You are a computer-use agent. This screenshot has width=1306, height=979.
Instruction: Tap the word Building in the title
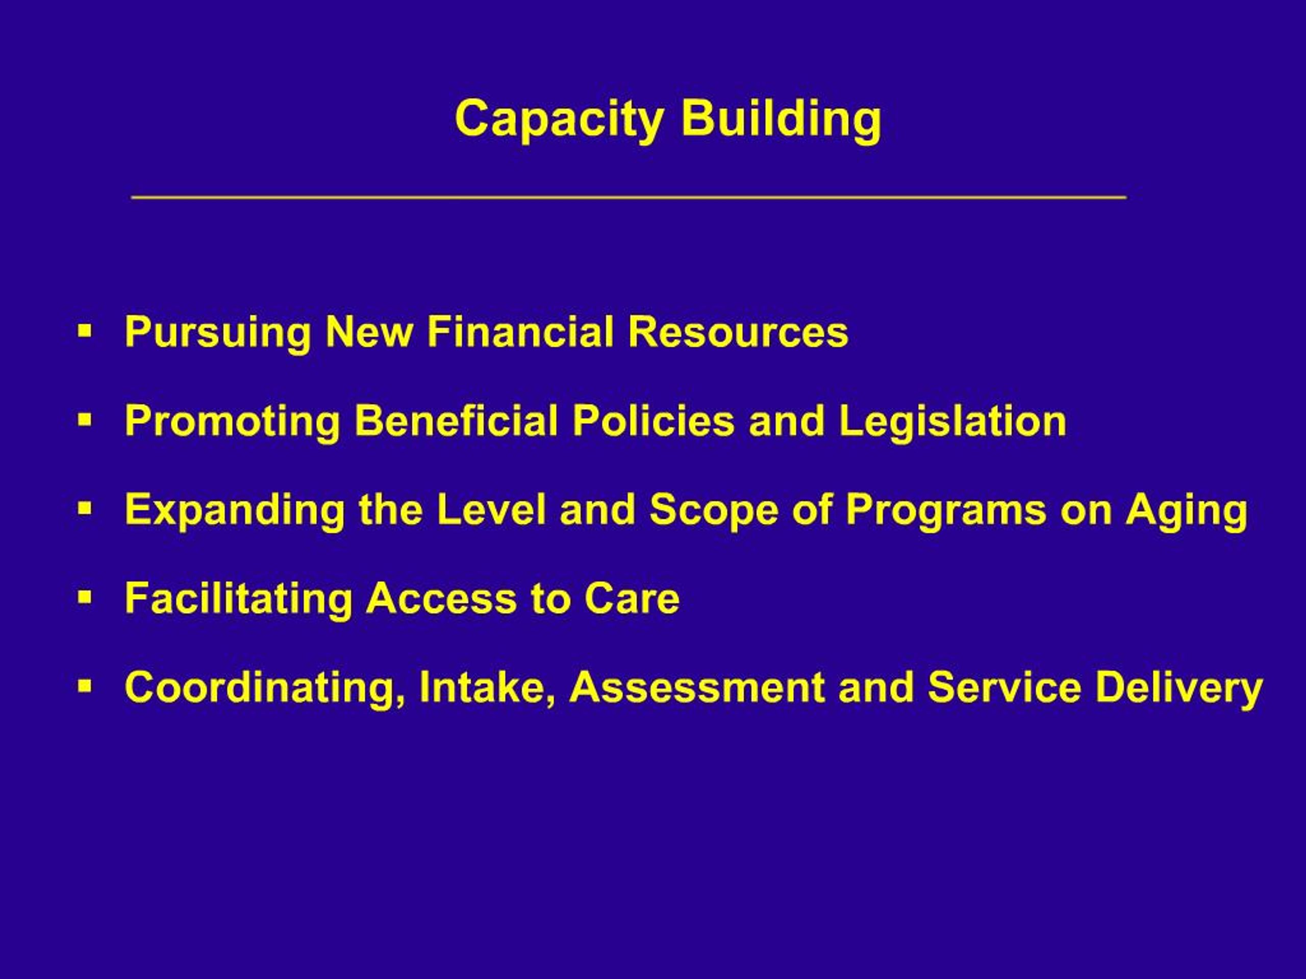click(x=781, y=120)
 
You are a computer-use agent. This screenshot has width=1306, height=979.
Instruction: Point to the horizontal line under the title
click(x=629, y=197)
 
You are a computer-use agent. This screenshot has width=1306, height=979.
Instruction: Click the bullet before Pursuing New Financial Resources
click(x=86, y=330)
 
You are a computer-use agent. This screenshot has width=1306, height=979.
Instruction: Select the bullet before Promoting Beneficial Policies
click(x=86, y=420)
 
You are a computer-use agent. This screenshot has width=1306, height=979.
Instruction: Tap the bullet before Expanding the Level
click(x=86, y=508)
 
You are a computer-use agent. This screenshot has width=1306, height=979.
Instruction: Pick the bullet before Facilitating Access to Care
click(x=86, y=597)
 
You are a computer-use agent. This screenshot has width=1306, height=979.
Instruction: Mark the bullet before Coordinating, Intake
click(x=86, y=686)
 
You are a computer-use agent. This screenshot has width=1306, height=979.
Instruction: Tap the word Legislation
click(x=952, y=421)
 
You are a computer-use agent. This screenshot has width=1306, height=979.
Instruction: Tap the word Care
click(x=632, y=599)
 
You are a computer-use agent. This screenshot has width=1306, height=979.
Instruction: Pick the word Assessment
click(x=697, y=687)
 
